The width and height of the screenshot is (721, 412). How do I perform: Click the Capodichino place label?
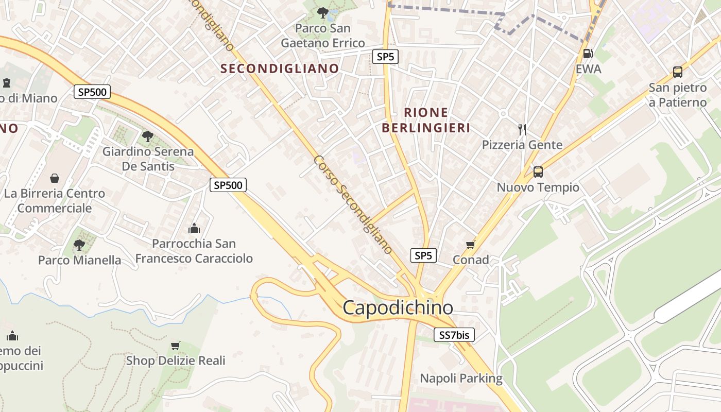click(398, 308)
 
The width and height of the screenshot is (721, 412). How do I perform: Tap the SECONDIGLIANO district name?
click(280, 68)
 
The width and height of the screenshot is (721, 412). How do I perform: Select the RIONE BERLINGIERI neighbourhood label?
click(426, 120)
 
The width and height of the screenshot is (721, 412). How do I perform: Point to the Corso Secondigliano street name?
click(353, 204)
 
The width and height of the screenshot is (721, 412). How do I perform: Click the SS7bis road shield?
click(454, 335)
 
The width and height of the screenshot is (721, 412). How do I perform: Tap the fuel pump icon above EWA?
click(587, 54)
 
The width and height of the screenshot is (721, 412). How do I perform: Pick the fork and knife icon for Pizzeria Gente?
click(522, 129)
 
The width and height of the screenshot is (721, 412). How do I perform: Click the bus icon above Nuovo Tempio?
click(538, 172)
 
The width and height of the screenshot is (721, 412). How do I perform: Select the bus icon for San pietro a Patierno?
click(677, 72)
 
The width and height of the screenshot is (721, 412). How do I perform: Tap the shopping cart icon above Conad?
click(470, 245)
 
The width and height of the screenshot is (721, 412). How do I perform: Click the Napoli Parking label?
click(461, 379)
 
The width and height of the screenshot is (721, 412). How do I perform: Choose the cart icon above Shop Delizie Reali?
click(176, 346)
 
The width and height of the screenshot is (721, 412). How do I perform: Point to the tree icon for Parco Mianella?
click(79, 245)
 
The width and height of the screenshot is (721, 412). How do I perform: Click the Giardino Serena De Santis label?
click(148, 159)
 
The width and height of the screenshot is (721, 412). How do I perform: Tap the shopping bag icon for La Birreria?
click(55, 178)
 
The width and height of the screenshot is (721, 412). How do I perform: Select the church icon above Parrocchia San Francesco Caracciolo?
click(194, 228)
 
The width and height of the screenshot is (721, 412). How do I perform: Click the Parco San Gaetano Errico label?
click(323, 36)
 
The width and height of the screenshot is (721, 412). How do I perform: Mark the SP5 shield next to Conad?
click(423, 255)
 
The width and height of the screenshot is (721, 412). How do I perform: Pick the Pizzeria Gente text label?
click(522, 145)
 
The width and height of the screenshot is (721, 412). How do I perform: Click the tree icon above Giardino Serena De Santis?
click(148, 136)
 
